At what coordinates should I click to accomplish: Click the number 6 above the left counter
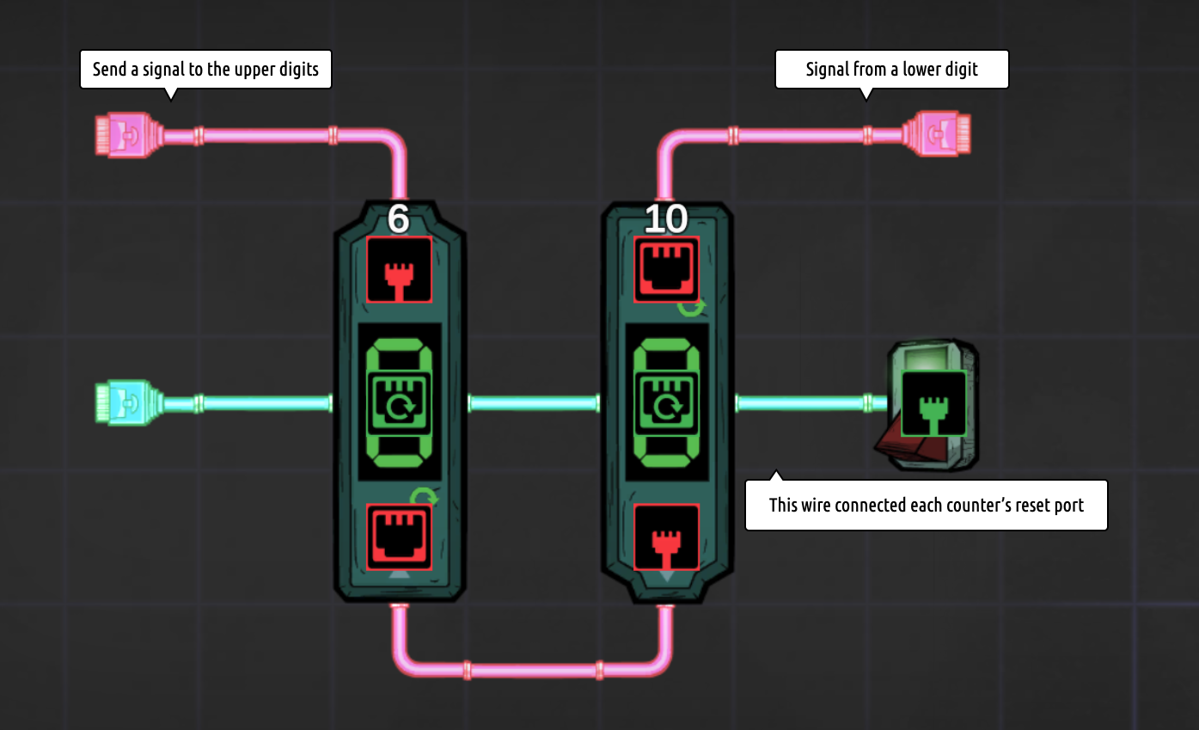[x=398, y=219]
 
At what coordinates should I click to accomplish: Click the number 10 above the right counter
[x=666, y=220]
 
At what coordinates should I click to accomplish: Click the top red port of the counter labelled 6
[x=399, y=269]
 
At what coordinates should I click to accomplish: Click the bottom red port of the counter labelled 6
[x=399, y=537]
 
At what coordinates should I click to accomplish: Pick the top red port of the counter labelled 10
[x=666, y=269]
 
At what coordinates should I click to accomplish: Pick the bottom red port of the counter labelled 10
[x=666, y=537]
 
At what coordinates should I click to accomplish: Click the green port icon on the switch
[x=933, y=403]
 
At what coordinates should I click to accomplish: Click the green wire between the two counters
[x=533, y=402]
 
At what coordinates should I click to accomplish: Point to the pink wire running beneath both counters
[x=533, y=670]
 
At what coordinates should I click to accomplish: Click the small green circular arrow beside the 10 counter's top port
[x=693, y=307]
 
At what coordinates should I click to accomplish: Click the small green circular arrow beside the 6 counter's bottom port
[x=424, y=497]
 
